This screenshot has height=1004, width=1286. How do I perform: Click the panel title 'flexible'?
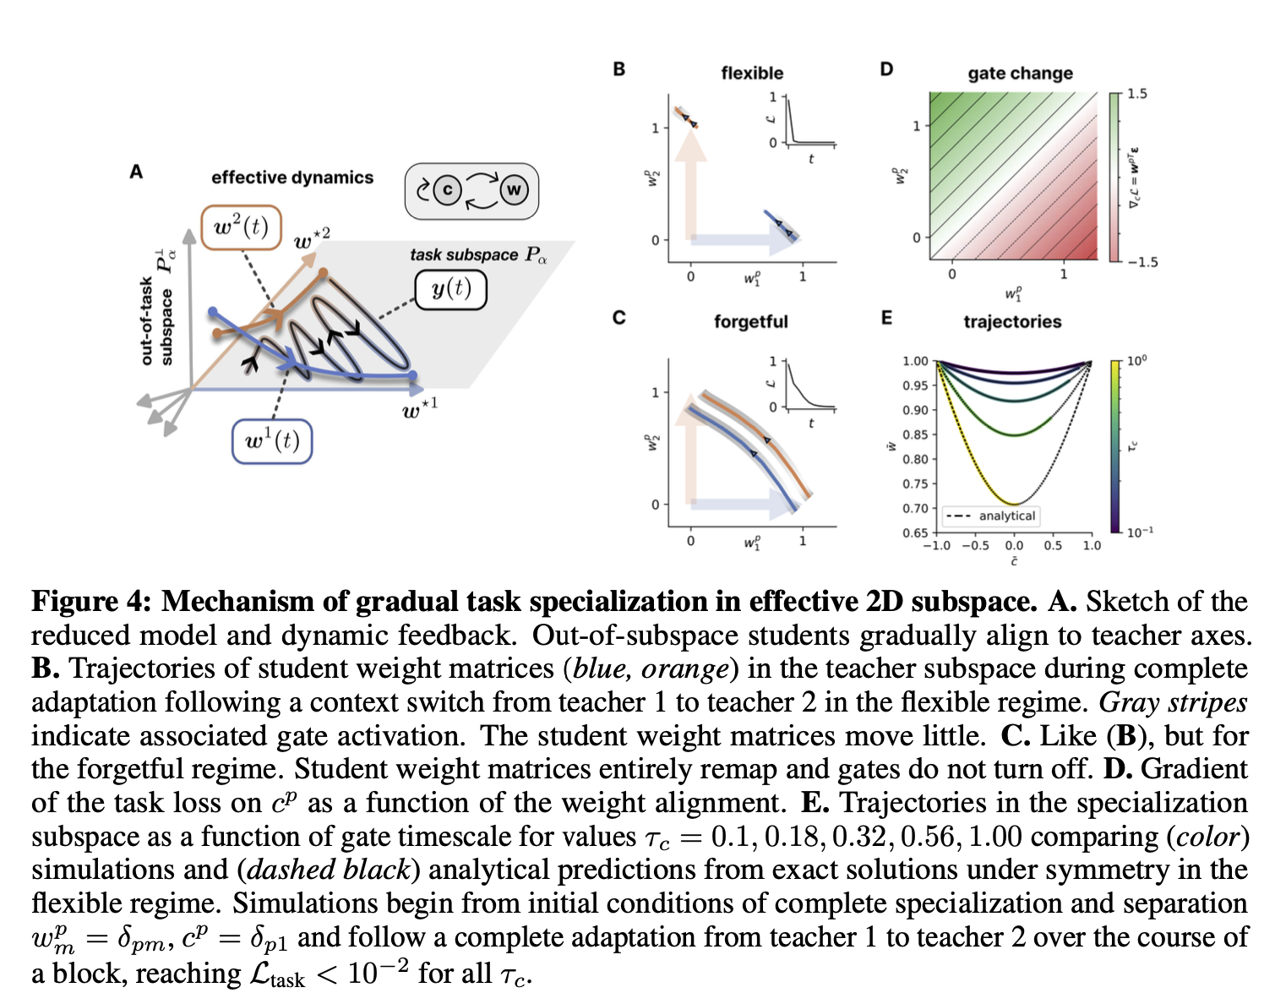[752, 74]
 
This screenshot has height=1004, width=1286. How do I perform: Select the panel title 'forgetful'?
[750, 322]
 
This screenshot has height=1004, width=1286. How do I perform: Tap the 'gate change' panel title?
[1020, 74]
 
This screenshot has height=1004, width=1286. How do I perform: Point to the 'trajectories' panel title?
[1012, 322]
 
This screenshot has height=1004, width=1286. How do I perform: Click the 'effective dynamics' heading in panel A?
[292, 177]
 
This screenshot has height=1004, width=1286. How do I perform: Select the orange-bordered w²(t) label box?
[242, 227]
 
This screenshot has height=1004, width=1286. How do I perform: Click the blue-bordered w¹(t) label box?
[272, 441]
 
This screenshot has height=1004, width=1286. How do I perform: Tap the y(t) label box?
[451, 289]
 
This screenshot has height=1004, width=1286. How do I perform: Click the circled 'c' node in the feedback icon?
[447, 190]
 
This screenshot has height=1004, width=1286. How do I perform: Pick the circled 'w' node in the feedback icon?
[513, 190]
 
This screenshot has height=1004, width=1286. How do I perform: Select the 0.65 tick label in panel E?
[916, 532]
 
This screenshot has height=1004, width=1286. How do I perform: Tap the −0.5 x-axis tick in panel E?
[975, 545]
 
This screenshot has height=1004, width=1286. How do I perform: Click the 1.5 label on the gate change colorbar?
[1137, 94]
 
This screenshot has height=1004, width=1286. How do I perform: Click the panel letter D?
[886, 69]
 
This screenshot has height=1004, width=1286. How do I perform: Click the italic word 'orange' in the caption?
[684, 668]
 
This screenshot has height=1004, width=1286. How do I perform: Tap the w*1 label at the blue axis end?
[420, 410]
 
